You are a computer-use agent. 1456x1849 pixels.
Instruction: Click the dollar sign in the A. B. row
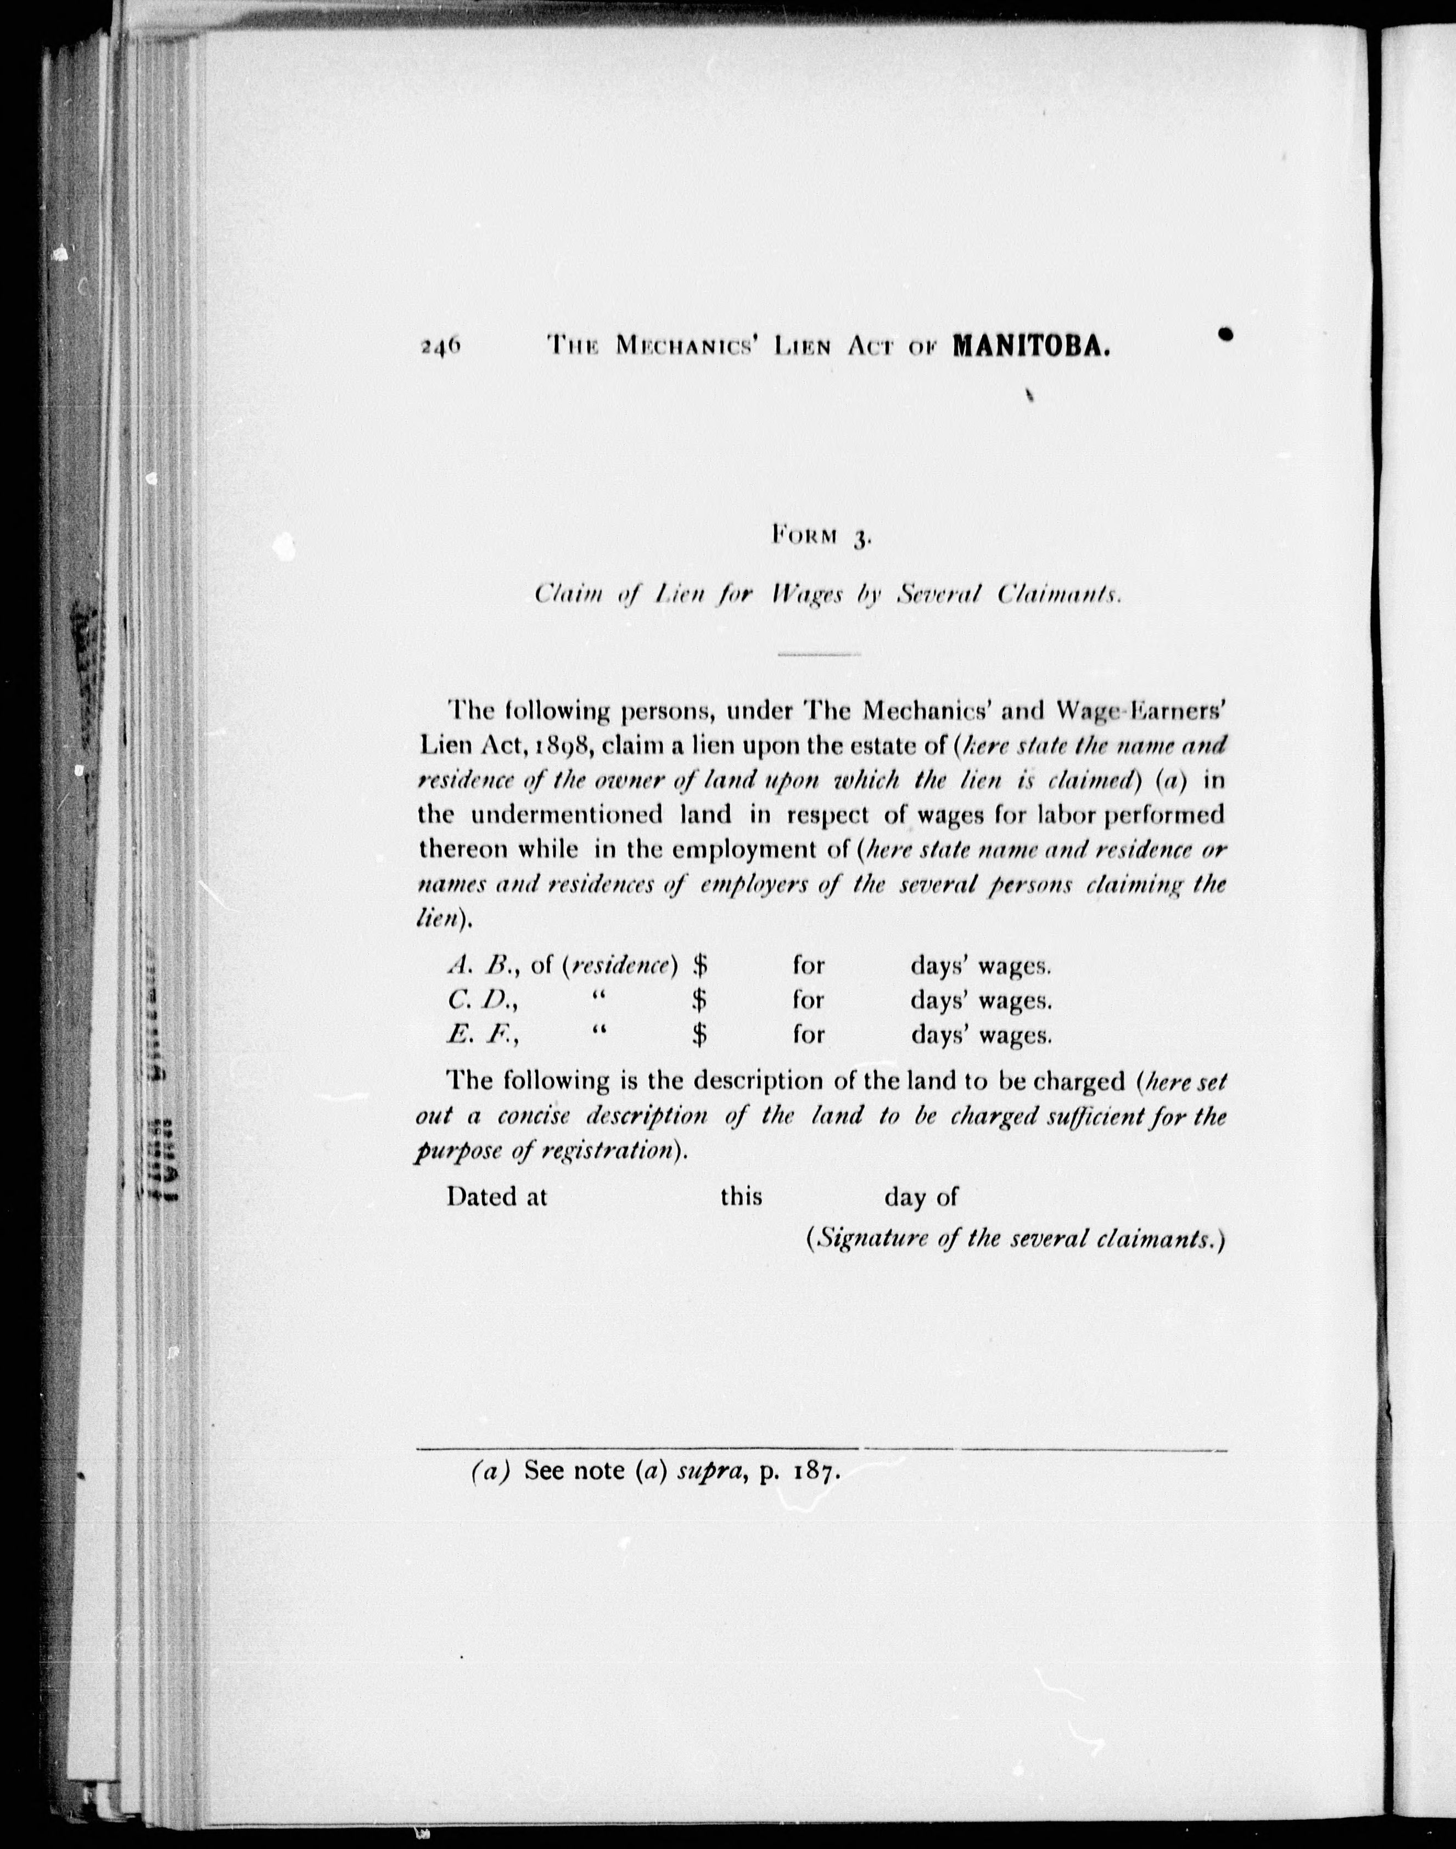pyautogui.click(x=700, y=965)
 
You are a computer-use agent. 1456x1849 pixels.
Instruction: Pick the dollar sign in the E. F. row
pyautogui.click(x=700, y=1034)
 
